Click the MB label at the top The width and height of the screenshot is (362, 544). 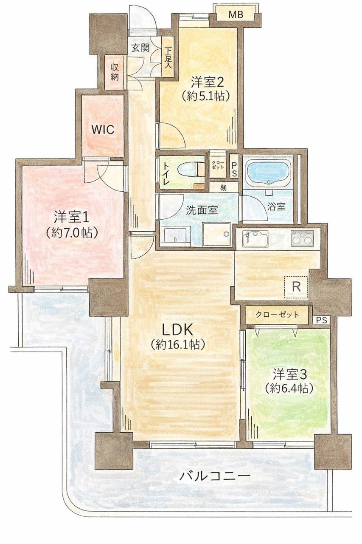(x=236, y=15)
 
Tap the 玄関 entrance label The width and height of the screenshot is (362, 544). (x=140, y=48)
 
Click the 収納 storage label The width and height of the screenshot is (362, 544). (x=115, y=72)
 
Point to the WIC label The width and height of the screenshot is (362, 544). (x=103, y=130)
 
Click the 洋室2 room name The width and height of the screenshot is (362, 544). (x=207, y=82)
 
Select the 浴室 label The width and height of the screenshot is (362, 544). (x=276, y=207)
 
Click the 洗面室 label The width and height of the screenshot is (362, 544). (x=202, y=210)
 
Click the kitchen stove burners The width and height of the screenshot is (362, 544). (x=302, y=238)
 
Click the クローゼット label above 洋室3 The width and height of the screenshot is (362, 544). (x=277, y=315)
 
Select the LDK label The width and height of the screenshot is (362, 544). (x=177, y=330)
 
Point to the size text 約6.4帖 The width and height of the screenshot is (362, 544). (x=289, y=389)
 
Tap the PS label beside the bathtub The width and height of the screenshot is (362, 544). (x=234, y=170)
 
